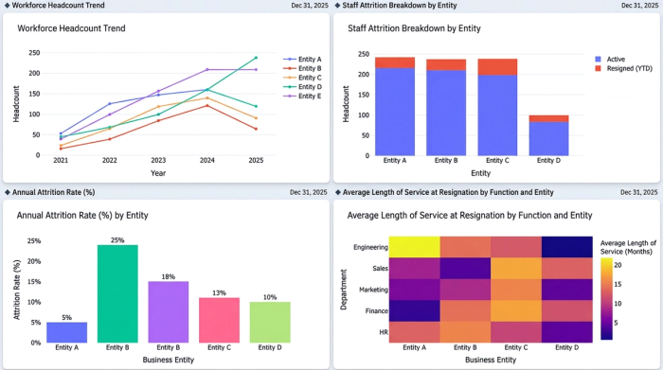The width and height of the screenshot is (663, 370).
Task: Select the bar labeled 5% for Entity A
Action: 67,331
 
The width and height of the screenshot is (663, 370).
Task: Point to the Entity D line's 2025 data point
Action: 256,58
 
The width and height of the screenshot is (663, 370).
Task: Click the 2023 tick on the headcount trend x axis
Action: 157,161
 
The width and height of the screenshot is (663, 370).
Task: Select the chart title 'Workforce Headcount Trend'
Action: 71,28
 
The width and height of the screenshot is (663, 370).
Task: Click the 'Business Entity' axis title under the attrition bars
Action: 167,361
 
